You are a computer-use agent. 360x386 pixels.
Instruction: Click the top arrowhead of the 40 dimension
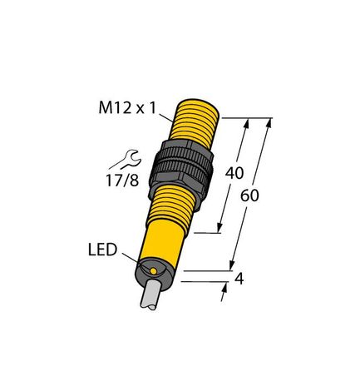click(x=247, y=122)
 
